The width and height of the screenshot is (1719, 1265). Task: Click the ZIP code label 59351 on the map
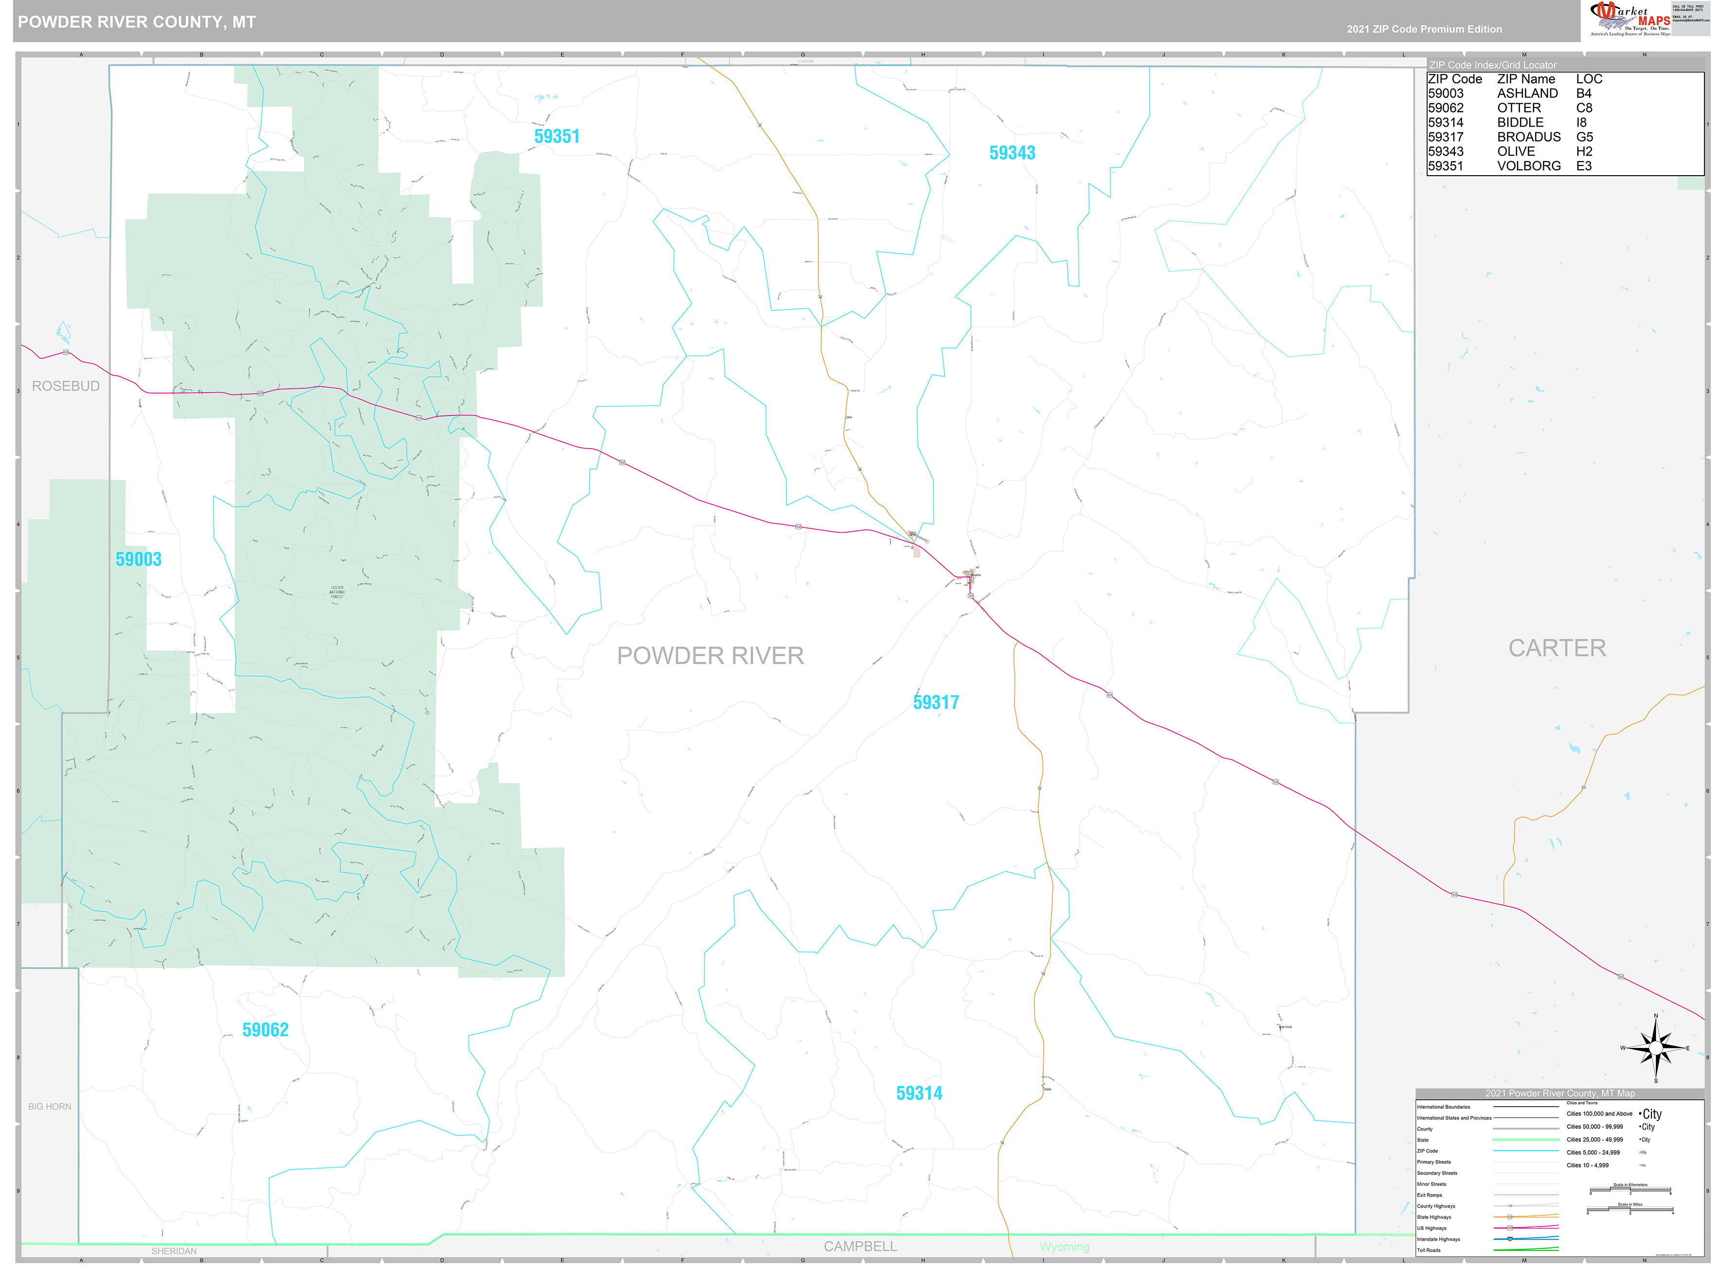pos(557,136)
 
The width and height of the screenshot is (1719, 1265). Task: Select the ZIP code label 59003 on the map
pos(139,559)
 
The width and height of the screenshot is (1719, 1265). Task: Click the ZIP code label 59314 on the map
pos(919,1093)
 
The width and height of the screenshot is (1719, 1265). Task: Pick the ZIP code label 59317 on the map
pos(936,702)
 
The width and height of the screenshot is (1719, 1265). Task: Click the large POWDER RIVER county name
pos(710,655)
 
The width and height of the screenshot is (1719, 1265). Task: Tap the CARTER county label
pos(1556,648)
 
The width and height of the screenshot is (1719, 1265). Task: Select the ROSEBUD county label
pos(66,386)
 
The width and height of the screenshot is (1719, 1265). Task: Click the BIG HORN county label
pos(50,1106)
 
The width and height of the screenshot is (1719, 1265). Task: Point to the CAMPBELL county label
pos(860,1246)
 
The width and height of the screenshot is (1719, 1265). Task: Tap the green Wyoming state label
pos(1064,1247)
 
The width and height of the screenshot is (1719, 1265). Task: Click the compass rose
pos(1655,1048)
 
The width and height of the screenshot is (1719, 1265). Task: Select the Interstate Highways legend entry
pos(1438,1239)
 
